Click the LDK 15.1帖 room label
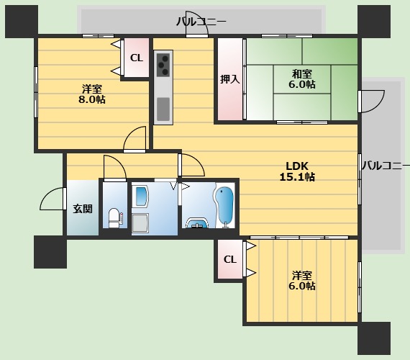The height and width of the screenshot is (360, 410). click(297, 171)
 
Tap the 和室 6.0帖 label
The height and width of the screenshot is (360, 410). click(302, 79)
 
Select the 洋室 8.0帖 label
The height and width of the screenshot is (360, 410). click(92, 94)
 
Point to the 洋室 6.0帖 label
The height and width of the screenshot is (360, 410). click(302, 281)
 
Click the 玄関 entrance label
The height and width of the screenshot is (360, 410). click(83, 209)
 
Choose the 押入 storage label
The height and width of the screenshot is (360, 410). click(230, 79)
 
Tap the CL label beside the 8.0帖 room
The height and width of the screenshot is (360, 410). click(137, 58)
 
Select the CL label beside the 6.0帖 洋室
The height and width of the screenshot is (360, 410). click(230, 259)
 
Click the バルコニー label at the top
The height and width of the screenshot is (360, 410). click(201, 22)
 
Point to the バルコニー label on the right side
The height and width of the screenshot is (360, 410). click(386, 166)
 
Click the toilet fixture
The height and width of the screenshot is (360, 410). click(115, 218)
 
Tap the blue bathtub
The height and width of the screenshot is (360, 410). click(224, 206)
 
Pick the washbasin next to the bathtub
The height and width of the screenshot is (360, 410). click(197, 223)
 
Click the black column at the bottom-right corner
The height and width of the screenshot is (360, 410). click(374, 338)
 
